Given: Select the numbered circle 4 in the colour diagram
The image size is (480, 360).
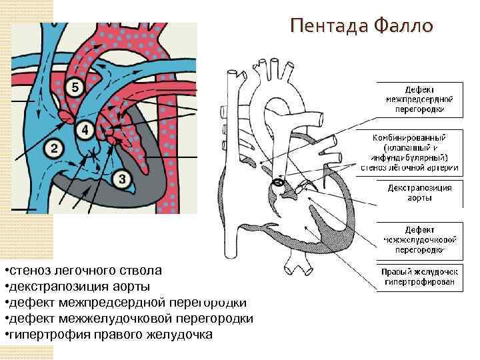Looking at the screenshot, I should click(85, 129).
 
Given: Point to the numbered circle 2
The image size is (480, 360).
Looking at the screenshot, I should click(55, 146).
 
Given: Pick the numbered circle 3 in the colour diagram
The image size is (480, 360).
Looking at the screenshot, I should click(122, 178).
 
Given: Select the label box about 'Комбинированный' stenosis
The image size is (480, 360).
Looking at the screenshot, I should click(419, 151).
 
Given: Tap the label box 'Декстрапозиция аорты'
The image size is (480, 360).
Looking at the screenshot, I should click(419, 193).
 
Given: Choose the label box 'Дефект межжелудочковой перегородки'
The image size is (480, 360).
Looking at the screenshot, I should click(419, 238).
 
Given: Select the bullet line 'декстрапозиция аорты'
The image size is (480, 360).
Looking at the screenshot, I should click(78, 287).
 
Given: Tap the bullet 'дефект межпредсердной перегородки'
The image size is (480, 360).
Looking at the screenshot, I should click(127, 303).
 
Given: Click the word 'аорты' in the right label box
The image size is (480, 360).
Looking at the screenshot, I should click(419, 198).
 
